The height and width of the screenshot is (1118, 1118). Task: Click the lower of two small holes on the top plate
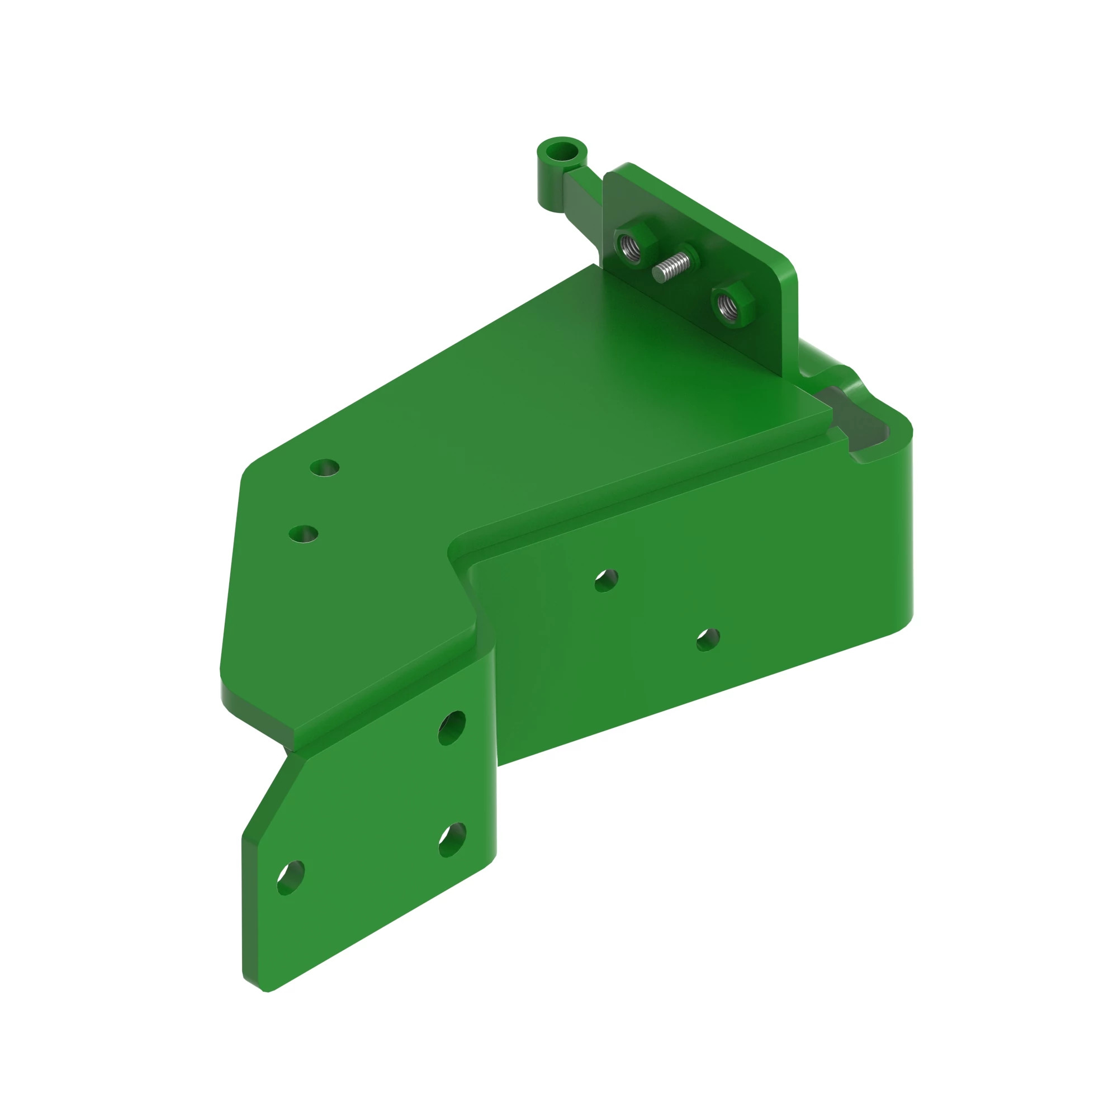point(303,533)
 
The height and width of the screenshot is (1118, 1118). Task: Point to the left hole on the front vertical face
point(606,580)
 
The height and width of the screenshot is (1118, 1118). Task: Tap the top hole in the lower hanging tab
point(452,727)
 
